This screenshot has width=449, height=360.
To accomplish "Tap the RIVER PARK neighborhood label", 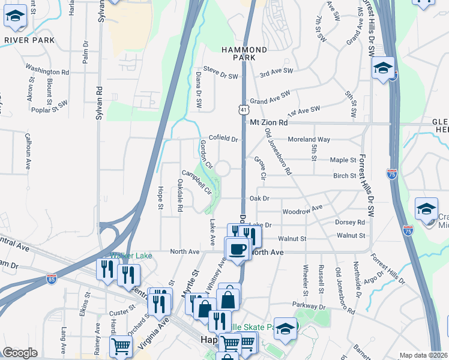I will pos(29,40).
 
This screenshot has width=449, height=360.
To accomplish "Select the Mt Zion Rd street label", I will pos(268,122).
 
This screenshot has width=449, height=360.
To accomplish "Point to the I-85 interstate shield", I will pos(52,279).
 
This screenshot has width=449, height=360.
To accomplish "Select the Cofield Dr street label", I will pos(223,139).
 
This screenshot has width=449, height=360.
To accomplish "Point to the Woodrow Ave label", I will pos(303,209).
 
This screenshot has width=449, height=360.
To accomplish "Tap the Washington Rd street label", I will pos(47,71).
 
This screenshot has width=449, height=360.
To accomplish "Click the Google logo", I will pos(20,353).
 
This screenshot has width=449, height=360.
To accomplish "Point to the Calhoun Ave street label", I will pos(28,154).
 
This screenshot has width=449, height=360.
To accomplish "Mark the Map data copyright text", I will pos(424,355).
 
